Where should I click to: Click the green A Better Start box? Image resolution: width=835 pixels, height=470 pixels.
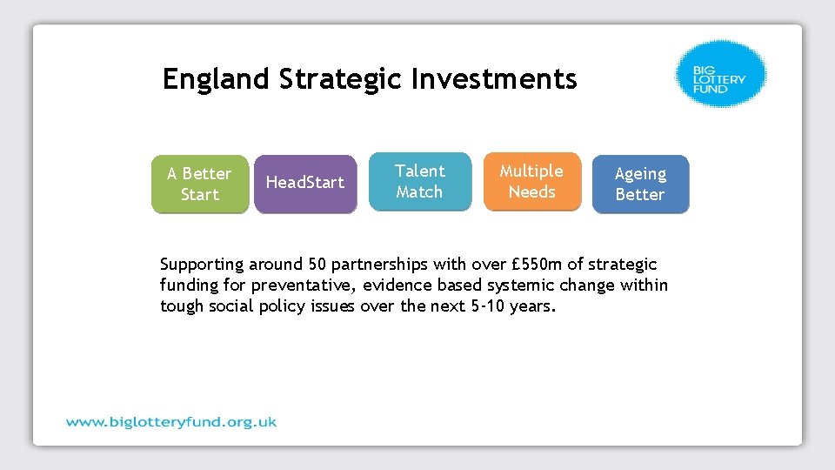(199, 185)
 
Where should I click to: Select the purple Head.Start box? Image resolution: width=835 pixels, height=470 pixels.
(304, 184)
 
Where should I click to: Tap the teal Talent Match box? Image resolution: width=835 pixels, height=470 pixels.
(419, 182)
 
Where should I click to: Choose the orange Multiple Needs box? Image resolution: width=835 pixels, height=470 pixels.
(531, 182)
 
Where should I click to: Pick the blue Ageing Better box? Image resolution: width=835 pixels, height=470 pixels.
(640, 185)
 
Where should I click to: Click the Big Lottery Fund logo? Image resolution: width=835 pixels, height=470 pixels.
(721, 73)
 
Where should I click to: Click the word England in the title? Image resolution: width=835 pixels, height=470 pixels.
(216, 80)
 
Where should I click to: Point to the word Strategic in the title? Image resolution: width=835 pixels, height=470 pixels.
(342, 80)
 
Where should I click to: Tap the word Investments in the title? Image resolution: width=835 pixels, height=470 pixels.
(494, 80)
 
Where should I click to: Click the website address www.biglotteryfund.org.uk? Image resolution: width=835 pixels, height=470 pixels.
(171, 422)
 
